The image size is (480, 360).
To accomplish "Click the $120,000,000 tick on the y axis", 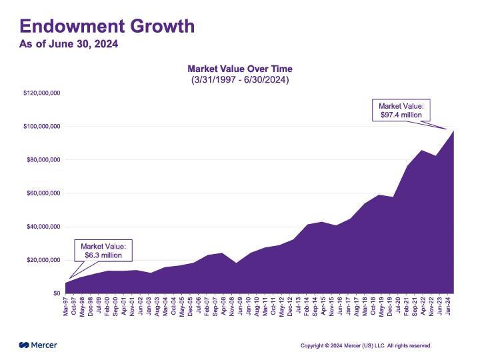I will pyautogui.click(x=42, y=93).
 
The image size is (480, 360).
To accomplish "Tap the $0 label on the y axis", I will pyautogui.click(x=57, y=293).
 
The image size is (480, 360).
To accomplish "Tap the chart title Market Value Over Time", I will pyautogui.click(x=240, y=69).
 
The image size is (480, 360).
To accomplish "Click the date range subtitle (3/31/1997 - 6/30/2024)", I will pyautogui.click(x=240, y=79).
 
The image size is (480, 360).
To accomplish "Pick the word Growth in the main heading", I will pyautogui.click(x=161, y=26).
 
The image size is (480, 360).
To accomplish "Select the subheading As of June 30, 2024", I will pyautogui.click(x=69, y=44).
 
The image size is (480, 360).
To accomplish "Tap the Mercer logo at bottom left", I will pyautogui.click(x=38, y=345).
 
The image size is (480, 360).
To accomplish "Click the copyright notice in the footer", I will pyautogui.click(x=366, y=345).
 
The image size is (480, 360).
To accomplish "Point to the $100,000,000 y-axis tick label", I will pyautogui.click(x=42, y=126).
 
